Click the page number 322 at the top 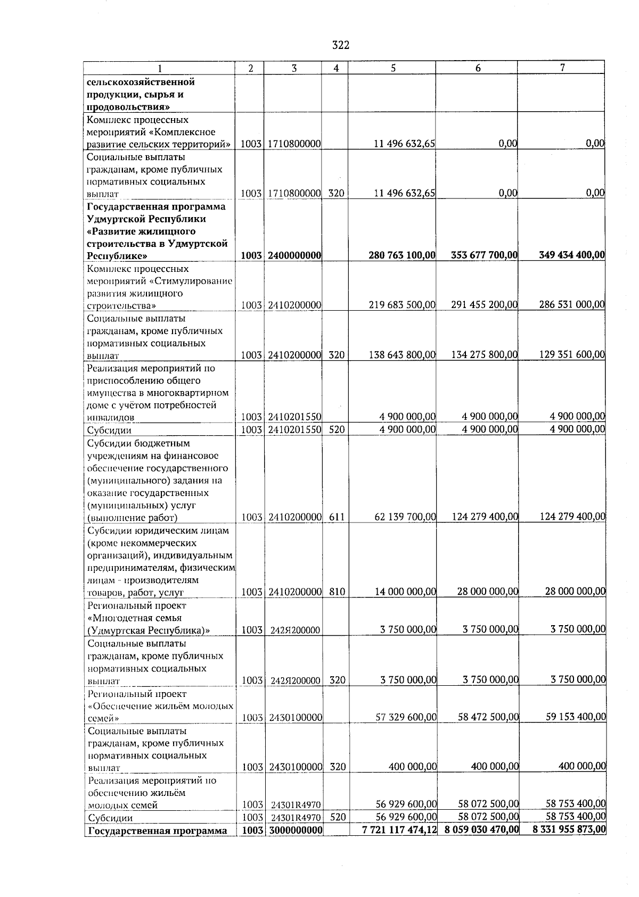(x=340, y=45)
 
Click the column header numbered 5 (x=392, y=68)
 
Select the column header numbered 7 (x=562, y=68)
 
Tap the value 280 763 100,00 (x=402, y=255)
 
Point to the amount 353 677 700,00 (x=484, y=255)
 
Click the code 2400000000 (x=294, y=255)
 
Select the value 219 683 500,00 (x=402, y=305)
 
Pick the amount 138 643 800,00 (x=402, y=355)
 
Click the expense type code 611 (x=337, y=517)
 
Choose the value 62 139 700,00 (x=405, y=517)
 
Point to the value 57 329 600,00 (x=406, y=718)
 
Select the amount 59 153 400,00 (x=576, y=717)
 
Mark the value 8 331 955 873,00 (x=569, y=830)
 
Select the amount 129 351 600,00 (x=572, y=355)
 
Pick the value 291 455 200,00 (x=484, y=305)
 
